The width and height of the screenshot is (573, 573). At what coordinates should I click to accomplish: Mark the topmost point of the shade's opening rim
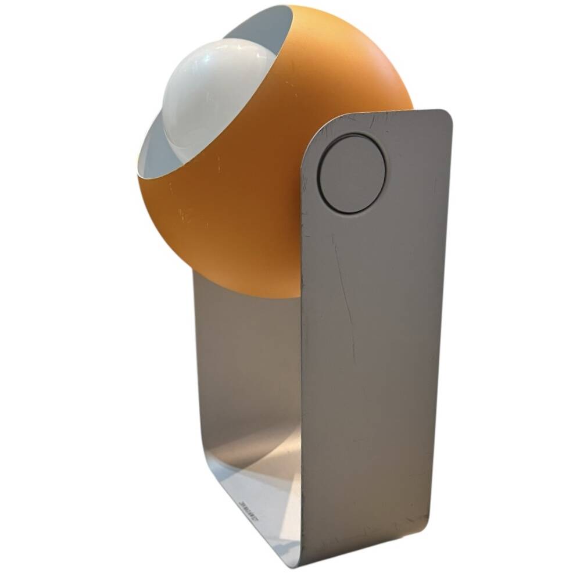[291, 7]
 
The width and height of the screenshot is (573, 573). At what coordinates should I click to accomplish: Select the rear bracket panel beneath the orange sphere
[244, 360]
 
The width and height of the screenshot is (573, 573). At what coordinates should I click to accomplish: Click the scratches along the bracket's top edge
[384, 119]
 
